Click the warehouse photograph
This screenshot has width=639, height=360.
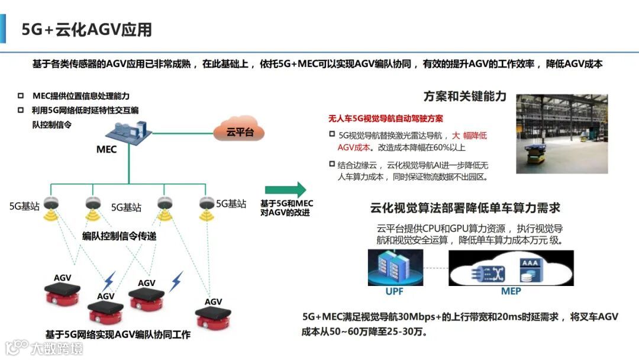pyautogui.click(x=563, y=134)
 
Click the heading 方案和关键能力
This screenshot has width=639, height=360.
pyautogui.click(x=465, y=96)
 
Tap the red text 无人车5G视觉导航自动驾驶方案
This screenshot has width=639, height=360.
pyautogui.click(x=386, y=118)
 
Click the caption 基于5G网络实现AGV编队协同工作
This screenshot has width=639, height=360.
pyautogui.click(x=118, y=335)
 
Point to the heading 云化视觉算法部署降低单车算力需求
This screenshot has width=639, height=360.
pyautogui.click(x=465, y=208)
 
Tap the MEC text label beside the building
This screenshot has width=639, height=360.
pyautogui.click(x=106, y=149)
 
